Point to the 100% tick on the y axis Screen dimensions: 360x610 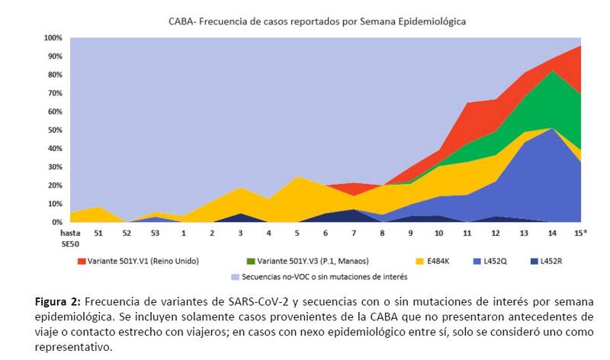[53, 37]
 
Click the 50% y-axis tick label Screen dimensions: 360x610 [54, 130]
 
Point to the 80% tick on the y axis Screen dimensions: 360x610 [54, 75]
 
